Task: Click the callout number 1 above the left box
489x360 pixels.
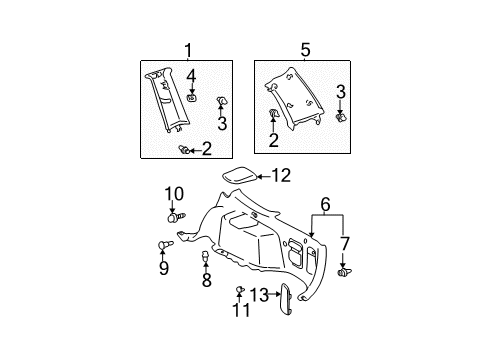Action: point(188,51)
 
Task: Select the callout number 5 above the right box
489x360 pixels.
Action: point(305,50)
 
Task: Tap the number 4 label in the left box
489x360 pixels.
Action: point(191,76)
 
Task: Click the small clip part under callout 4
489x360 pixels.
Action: point(191,98)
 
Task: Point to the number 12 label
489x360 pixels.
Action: point(282,176)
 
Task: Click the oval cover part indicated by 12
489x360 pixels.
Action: point(240,175)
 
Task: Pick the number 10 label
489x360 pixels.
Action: point(174,194)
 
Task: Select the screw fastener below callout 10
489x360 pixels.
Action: point(176,218)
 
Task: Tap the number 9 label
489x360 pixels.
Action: point(164,268)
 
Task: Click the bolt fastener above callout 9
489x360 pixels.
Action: point(165,245)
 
